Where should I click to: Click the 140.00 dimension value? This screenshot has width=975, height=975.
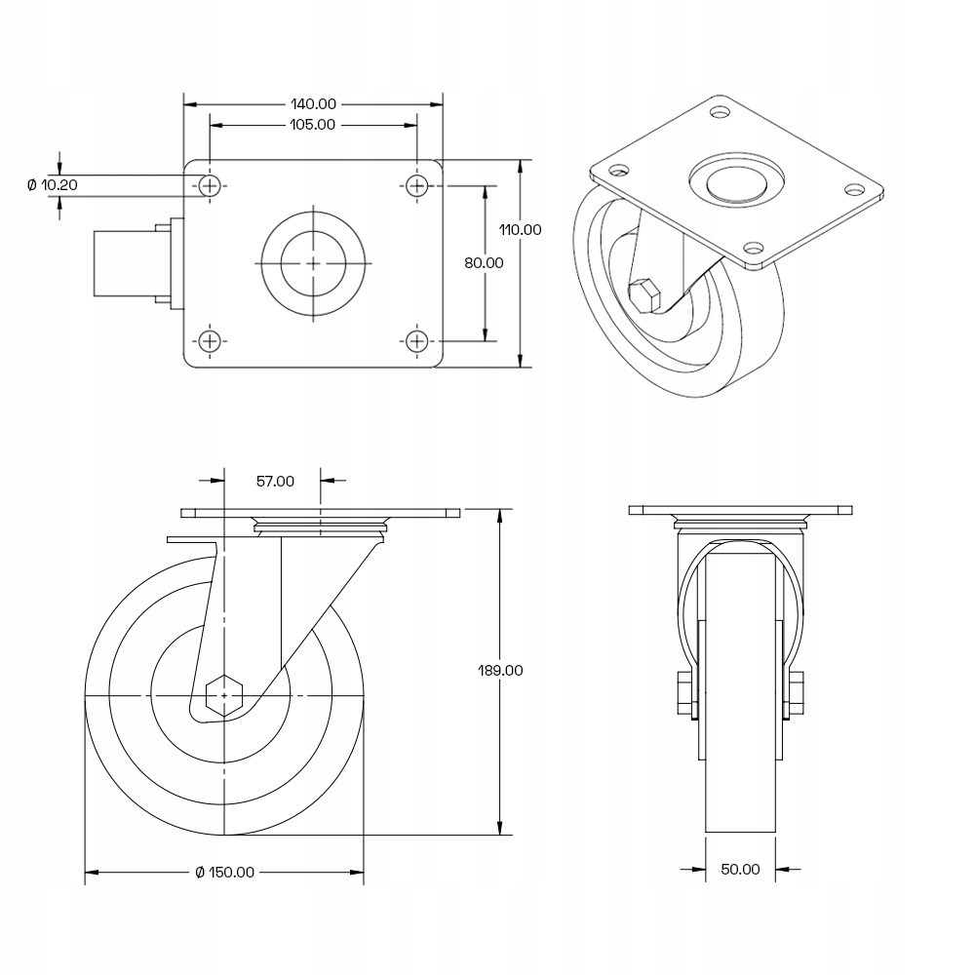click(313, 104)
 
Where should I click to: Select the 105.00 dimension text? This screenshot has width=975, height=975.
click(313, 125)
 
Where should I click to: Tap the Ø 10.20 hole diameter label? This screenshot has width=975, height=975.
click(53, 184)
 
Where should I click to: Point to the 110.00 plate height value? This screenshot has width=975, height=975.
click(521, 229)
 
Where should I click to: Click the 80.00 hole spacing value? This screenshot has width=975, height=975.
click(484, 263)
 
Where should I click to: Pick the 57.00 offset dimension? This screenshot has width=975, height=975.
click(276, 482)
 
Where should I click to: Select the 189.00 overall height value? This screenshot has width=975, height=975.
click(500, 671)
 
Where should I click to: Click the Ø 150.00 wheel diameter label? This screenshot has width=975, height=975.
click(224, 873)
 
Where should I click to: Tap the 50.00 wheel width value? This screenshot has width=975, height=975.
click(740, 870)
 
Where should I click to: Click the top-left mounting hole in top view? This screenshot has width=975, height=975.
click(211, 185)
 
